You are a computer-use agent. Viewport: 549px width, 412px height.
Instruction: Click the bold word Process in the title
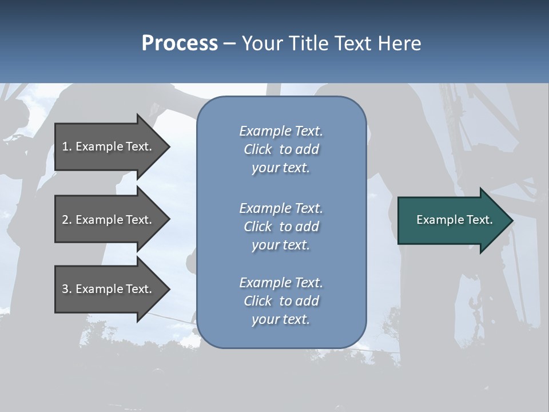pos(180,43)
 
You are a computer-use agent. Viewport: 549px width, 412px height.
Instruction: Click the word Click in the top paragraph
pos(258,149)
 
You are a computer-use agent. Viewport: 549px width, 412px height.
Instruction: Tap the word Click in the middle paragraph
pos(258,227)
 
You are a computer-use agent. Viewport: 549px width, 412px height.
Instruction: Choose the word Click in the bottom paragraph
pos(258,301)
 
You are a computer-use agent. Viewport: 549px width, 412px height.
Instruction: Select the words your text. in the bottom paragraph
pos(281,320)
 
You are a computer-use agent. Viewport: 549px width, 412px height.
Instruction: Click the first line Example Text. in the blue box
pos(281,131)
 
